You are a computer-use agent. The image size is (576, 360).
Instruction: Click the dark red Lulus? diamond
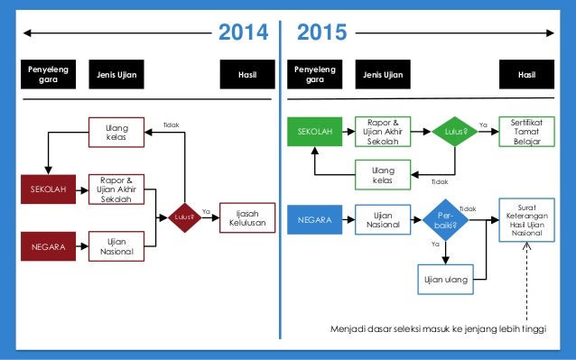(x=184, y=217)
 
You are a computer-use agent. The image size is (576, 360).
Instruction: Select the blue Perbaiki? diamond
(x=447, y=219)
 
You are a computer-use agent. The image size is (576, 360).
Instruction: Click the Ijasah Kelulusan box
(x=245, y=217)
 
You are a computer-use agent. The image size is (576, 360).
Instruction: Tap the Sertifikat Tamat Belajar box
(x=525, y=132)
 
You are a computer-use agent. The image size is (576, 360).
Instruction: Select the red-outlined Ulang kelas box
(x=116, y=134)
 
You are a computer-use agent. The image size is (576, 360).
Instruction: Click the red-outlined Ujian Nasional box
(x=116, y=245)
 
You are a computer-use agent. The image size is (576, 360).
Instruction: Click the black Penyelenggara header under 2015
(x=314, y=75)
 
